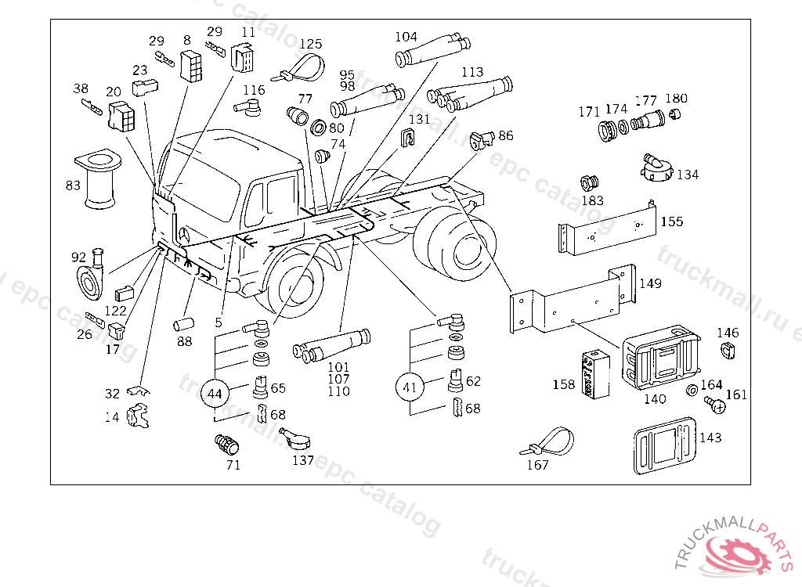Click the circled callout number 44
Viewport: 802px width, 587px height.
215,393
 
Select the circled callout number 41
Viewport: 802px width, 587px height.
410,387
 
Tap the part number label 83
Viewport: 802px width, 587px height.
73,185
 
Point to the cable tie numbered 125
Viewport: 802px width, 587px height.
298,70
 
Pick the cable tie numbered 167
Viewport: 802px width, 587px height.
547,441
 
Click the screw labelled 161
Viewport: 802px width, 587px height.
715,405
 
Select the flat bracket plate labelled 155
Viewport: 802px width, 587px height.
607,229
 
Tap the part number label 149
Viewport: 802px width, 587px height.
650,283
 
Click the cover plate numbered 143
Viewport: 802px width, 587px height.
664,445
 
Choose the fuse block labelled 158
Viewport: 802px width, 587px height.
596,374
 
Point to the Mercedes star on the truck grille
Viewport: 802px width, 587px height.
184,236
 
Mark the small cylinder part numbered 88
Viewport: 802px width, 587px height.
184,324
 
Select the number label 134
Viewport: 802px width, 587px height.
688,175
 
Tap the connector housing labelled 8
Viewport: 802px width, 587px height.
191,66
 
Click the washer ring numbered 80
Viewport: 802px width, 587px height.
318,128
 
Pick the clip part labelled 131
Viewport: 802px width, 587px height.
406,137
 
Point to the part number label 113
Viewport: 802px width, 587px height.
472,72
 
